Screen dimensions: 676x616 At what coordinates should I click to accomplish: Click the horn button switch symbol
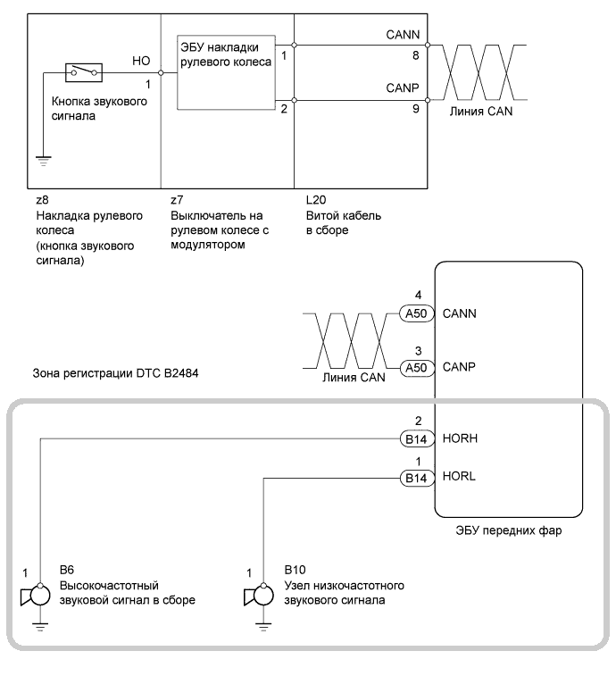click(85, 71)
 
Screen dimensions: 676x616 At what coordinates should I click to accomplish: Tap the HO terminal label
click(140, 60)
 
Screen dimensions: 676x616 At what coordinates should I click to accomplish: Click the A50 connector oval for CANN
click(415, 313)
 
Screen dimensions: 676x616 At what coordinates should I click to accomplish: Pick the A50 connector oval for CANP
click(415, 366)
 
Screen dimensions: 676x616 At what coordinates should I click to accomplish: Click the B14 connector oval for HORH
click(415, 438)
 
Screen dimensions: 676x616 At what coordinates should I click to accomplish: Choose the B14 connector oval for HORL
click(415, 478)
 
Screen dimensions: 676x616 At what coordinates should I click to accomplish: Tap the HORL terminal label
click(457, 478)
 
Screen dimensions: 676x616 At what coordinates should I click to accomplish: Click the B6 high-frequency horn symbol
click(34, 597)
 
